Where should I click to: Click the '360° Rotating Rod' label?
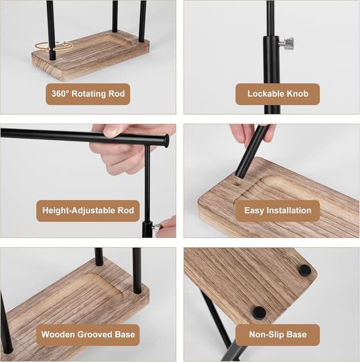(x=88, y=94)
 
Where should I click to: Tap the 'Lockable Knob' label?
(x=278, y=94)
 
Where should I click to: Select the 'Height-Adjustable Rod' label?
(x=88, y=211)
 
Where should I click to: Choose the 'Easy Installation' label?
(x=278, y=211)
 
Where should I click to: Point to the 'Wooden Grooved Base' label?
(x=88, y=335)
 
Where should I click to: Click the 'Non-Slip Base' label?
(x=278, y=335)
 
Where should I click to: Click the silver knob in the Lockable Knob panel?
(x=287, y=43)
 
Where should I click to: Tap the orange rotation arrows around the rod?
(x=54, y=46)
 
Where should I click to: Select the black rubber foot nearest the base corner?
(x=305, y=270)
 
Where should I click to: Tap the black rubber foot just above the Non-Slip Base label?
(x=259, y=313)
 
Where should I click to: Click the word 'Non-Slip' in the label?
(x=264, y=334)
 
